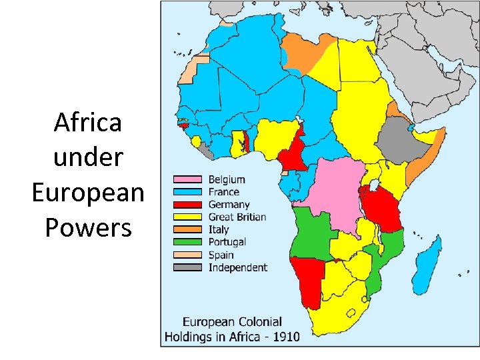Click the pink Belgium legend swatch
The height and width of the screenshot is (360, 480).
pos(188,179)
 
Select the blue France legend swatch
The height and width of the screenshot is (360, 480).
pos(188,192)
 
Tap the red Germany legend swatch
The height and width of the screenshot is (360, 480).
pos(188,205)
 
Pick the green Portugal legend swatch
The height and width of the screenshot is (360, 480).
pos(188,242)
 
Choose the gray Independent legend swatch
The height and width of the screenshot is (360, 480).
pos(188,267)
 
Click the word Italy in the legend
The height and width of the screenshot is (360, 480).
pos(219,229)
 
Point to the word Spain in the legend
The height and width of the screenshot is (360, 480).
pos(221,255)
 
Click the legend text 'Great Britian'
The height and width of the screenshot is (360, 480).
pos(237,217)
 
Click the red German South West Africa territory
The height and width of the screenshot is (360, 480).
pos(307,280)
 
